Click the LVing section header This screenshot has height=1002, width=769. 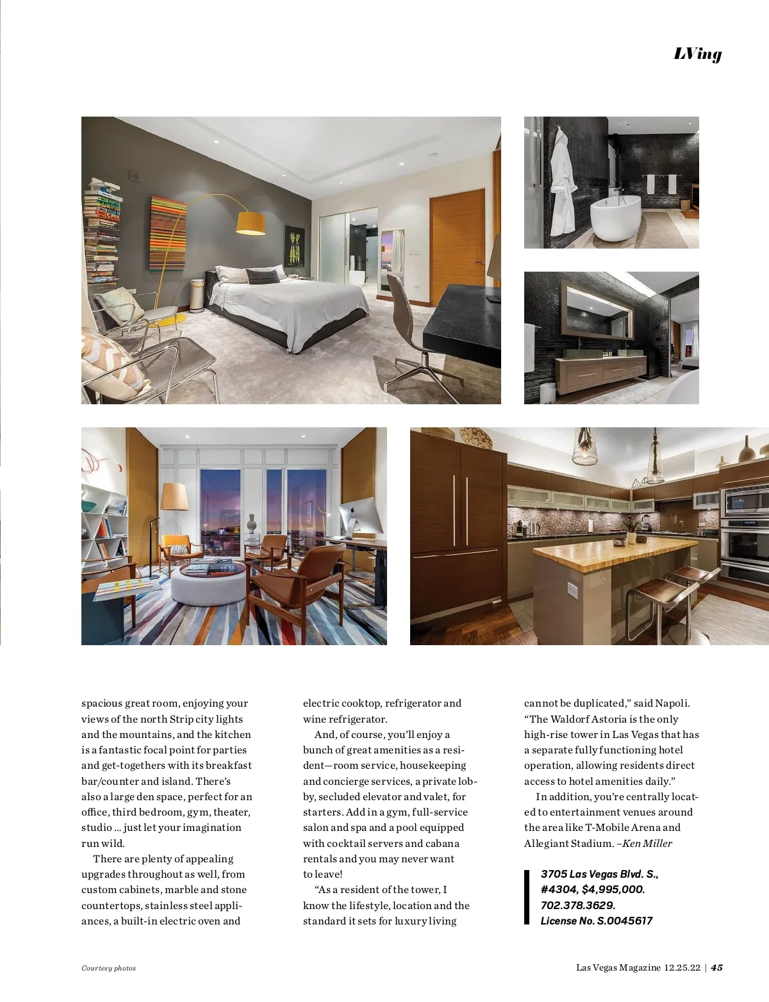click(x=697, y=54)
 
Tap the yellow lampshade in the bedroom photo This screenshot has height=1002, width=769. click(x=251, y=222)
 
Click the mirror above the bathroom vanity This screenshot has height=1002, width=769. click(x=597, y=309)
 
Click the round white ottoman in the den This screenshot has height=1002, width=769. click(x=208, y=583)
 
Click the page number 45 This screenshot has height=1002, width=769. click(x=716, y=967)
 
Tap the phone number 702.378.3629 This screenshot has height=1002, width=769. click(x=578, y=905)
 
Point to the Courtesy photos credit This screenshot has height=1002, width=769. click(x=108, y=968)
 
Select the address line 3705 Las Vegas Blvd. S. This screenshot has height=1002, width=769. click(x=599, y=874)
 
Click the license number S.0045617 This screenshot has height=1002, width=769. click(x=625, y=921)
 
